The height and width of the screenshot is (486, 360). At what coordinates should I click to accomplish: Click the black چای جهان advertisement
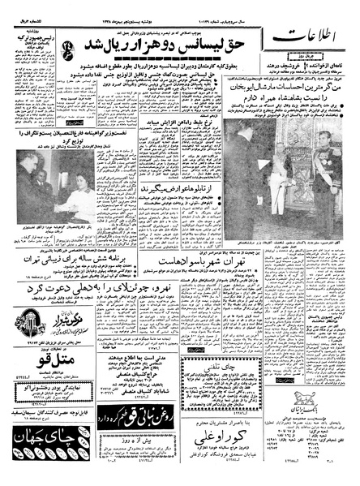(41, 445)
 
